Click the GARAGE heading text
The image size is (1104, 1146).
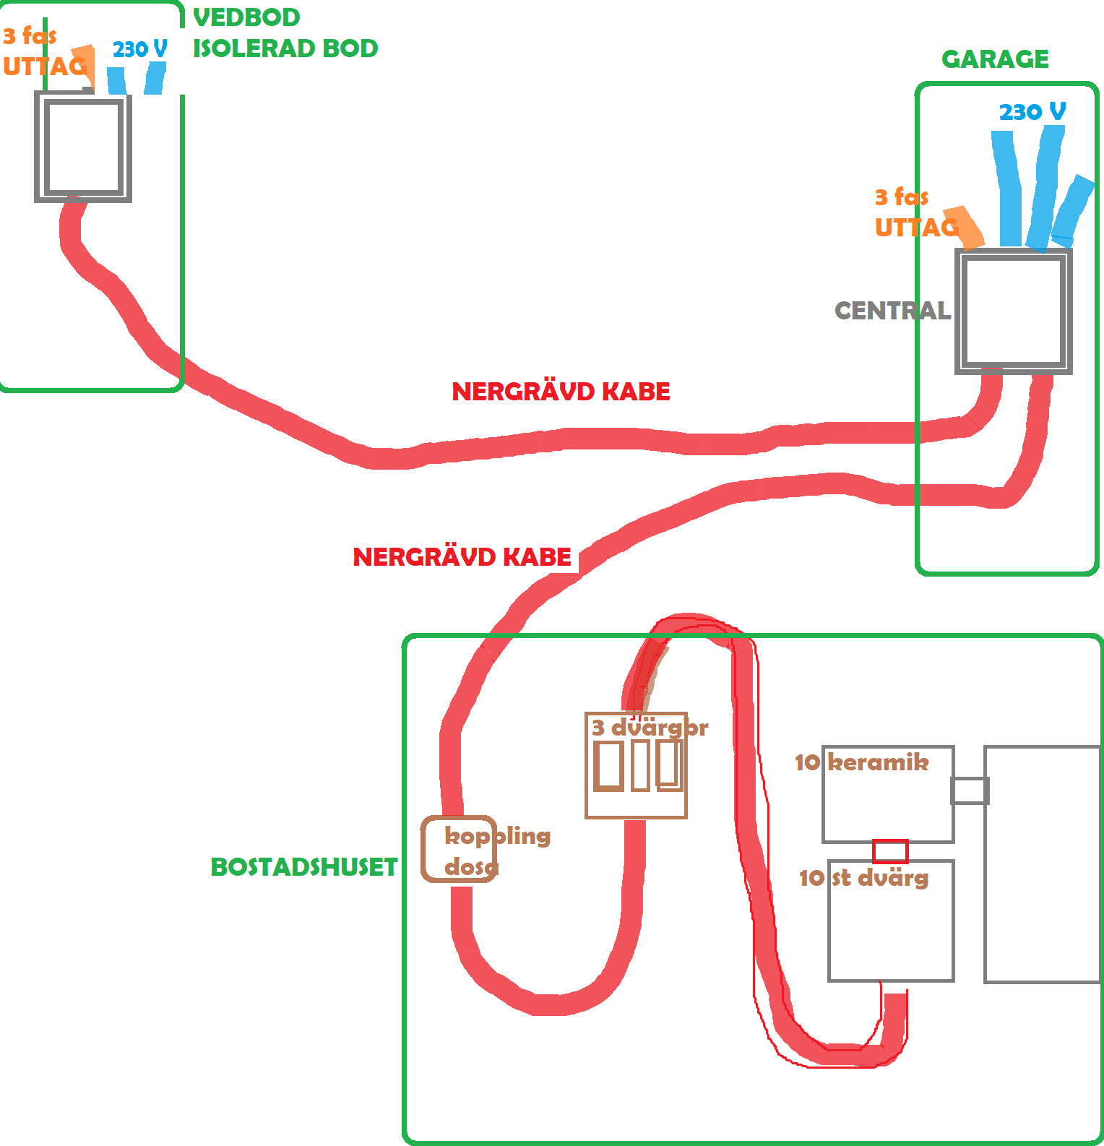click(995, 59)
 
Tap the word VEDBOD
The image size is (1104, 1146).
click(246, 17)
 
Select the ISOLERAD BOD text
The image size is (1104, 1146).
click(285, 48)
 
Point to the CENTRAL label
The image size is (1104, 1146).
click(892, 311)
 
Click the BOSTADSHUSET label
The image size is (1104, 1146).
click(303, 867)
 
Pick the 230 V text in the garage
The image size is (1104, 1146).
click(1032, 112)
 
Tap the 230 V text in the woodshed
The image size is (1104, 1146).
click(139, 49)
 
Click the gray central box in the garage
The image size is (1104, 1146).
click(1013, 311)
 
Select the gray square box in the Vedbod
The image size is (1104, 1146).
click(83, 147)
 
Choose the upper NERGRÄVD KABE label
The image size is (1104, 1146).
click(561, 392)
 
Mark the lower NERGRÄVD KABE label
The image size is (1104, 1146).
click(462, 557)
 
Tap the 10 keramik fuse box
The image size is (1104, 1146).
click(888, 794)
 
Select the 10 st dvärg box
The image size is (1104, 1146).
click(891, 920)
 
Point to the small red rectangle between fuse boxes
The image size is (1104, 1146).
click(890, 851)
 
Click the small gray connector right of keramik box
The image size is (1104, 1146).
click(970, 790)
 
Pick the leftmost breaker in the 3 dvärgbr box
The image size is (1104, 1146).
click(608, 765)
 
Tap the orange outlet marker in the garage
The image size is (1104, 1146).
click(967, 228)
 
